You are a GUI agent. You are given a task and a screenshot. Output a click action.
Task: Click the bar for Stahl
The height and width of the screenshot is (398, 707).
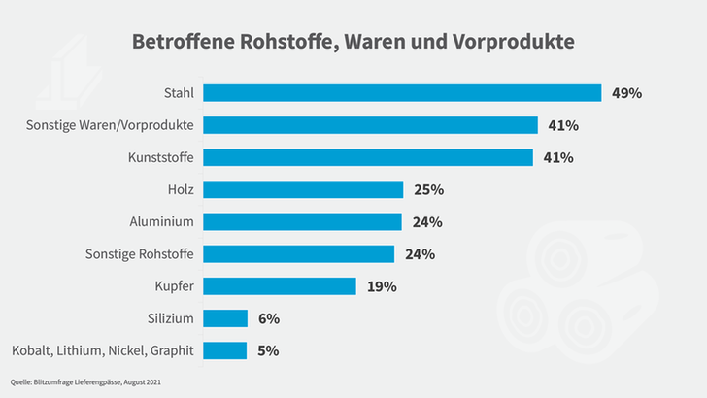click(402, 93)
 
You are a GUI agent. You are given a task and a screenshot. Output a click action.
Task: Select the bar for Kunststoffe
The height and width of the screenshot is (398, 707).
click(368, 157)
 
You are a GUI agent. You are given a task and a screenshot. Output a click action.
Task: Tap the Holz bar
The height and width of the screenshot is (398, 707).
click(303, 189)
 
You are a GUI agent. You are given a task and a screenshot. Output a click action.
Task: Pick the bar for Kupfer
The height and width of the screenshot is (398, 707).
click(280, 286)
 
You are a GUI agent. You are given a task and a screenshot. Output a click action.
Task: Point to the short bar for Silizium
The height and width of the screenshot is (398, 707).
click(225, 318)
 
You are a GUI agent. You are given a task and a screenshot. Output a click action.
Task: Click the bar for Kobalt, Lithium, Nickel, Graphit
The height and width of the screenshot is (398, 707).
click(224, 350)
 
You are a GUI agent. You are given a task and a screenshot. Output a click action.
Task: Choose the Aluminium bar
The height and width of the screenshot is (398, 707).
click(302, 221)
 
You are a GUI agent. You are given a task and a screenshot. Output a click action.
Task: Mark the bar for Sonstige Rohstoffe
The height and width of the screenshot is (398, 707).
click(299, 254)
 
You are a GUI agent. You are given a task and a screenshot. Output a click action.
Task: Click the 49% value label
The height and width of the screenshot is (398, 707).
click(627, 93)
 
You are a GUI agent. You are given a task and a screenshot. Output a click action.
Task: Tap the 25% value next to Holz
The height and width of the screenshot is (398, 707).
click(428, 189)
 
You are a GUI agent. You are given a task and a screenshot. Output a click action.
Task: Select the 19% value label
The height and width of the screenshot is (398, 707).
click(382, 286)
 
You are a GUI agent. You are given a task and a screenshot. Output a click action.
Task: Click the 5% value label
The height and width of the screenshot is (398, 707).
click(268, 350)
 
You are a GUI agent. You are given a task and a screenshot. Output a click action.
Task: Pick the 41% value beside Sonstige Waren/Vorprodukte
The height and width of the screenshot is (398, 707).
click(563, 125)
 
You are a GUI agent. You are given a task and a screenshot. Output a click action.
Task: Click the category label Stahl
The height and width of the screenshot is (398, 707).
click(180, 93)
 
